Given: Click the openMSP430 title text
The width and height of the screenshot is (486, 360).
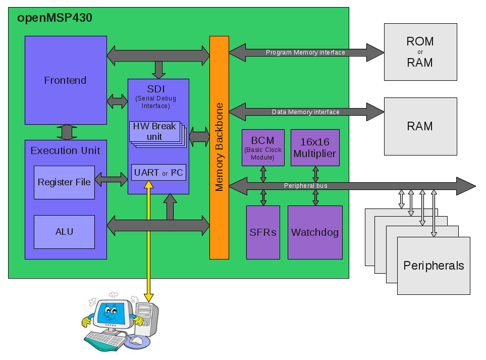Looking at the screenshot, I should (55, 18).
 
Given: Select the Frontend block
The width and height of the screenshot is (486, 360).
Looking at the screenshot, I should (66, 80).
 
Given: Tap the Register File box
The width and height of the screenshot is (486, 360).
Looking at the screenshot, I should (64, 182).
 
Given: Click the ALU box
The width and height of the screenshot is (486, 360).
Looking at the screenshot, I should (64, 232).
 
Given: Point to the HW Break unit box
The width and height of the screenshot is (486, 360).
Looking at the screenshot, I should (154, 131).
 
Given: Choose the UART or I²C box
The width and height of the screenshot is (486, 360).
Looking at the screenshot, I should (158, 173).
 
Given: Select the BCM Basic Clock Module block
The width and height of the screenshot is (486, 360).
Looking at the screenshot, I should (262, 147).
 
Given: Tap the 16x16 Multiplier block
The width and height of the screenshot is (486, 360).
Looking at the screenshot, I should (315, 147).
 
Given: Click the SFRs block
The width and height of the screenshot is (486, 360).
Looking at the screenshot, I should (263, 233).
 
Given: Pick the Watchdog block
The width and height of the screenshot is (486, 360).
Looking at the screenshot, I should (315, 233).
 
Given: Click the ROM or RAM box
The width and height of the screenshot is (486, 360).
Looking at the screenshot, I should (420, 52).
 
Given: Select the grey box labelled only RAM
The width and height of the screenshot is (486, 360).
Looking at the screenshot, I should (420, 126).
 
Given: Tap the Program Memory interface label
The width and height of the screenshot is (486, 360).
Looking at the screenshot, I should (305, 53).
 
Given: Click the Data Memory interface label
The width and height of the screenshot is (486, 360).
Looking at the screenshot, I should (305, 112).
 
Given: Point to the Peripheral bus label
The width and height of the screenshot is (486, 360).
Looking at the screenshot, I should (305, 186).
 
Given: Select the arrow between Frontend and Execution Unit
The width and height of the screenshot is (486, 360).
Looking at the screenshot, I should (67, 132).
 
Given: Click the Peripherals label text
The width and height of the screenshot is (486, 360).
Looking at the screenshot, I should (434, 266).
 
